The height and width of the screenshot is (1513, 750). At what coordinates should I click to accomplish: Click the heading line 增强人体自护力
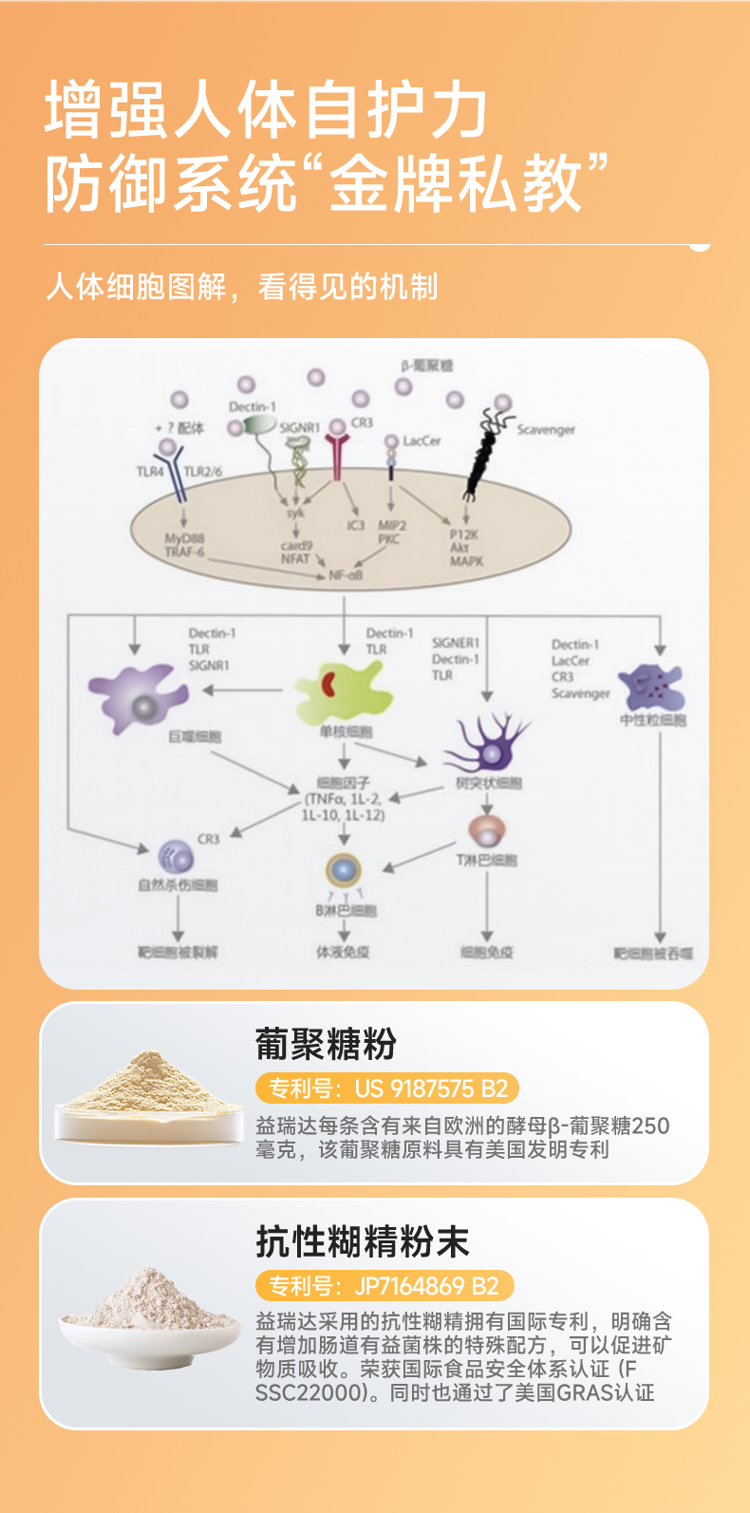(x=266, y=111)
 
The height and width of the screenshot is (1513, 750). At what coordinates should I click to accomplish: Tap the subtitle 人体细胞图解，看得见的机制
(x=242, y=286)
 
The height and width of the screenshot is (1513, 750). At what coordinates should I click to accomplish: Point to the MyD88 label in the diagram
(x=184, y=538)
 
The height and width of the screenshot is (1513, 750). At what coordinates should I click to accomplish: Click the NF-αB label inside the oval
(x=346, y=575)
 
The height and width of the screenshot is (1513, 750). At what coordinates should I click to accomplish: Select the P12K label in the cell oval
(x=464, y=534)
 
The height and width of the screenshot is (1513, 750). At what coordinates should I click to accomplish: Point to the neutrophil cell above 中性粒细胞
(x=651, y=687)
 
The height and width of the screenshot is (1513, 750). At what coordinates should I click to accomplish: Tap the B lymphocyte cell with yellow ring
(x=344, y=870)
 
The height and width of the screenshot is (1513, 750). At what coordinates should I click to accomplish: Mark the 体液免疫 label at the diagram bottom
(x=343, y=952)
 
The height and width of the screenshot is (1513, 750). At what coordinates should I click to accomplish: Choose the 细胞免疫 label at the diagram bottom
(x=486, y=952)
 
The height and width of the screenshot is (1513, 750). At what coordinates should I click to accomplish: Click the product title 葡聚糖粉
(x=326, y=1044)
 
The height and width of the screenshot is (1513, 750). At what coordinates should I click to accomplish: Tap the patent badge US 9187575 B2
(x=387, y=1088)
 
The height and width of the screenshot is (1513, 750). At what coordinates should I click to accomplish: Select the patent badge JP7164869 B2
(x=384, y=1286)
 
